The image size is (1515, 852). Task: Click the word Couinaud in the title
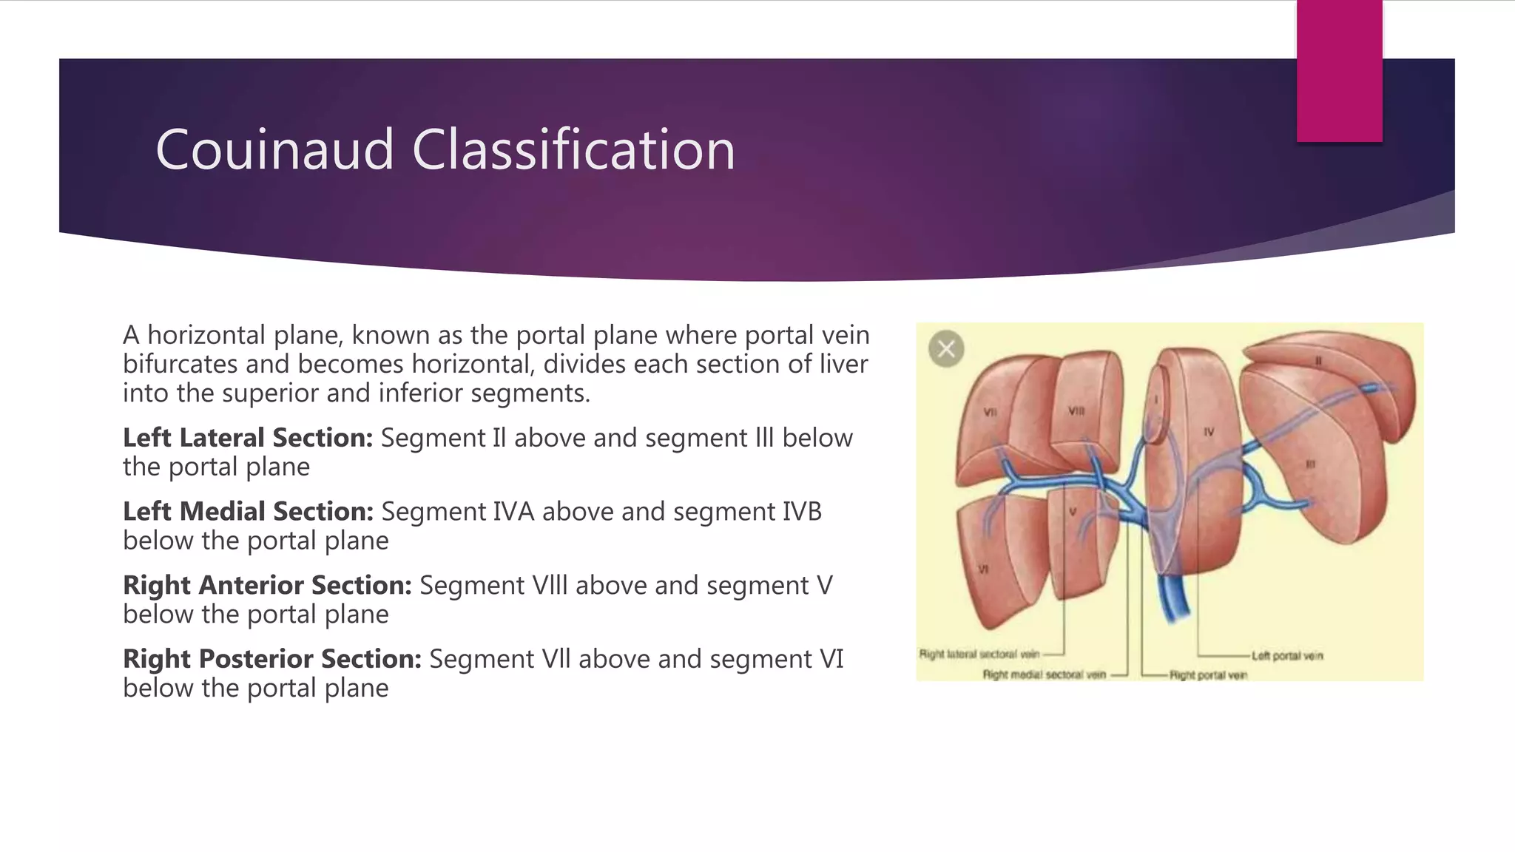pos(274,150)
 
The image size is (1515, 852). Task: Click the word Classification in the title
pos(573,150)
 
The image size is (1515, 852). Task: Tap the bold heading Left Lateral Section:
pos(248,438)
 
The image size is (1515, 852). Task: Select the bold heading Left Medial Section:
pos(248,512)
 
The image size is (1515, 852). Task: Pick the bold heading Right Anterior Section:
pos(267,586)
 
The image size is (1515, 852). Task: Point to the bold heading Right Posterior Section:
pos(271,659)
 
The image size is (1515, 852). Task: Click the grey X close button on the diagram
pos(946,348)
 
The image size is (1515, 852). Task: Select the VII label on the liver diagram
pos(991,412)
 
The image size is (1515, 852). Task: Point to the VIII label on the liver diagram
pos(1076,410)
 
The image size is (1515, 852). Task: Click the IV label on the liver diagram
pos(1208,432)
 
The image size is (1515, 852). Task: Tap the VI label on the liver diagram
pos(983,569)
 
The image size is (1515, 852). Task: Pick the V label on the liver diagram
pos(1073,512)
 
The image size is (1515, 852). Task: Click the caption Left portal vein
pos(1287,656)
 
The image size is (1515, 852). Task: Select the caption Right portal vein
pos(1208,675)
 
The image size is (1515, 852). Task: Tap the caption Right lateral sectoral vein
pos(979,654)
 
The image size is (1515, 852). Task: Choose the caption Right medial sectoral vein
pos(1044,674)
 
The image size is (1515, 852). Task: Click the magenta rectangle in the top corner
pos(1339,70)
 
